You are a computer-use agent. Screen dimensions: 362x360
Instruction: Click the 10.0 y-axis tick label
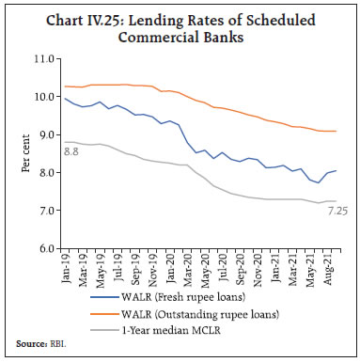click(x=40, y=96)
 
